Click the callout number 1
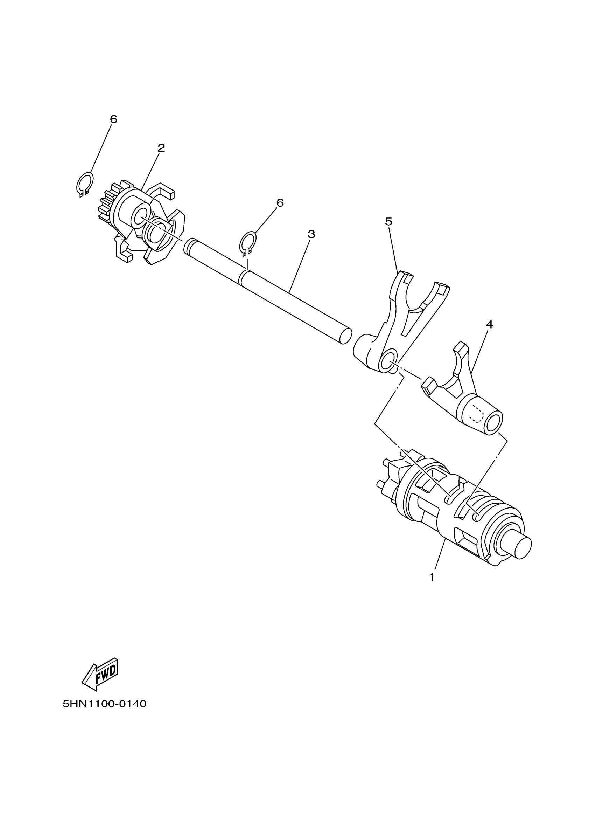point(431,577)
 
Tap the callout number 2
point(161,148)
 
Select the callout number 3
point(311,234)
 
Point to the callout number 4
point(489,325)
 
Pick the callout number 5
point(388,221)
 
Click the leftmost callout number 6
point(113,119)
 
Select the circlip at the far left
point(85,184)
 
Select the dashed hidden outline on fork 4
point(476,415)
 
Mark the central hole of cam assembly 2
point(140,218)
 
